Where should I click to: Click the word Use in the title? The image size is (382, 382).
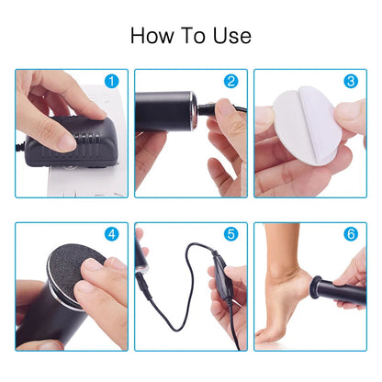click(230, 36)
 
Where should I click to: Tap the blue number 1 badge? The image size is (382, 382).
click(112, 82)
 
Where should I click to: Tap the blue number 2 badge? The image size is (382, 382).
click(231, 82)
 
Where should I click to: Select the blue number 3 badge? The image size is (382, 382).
click(351, 82)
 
